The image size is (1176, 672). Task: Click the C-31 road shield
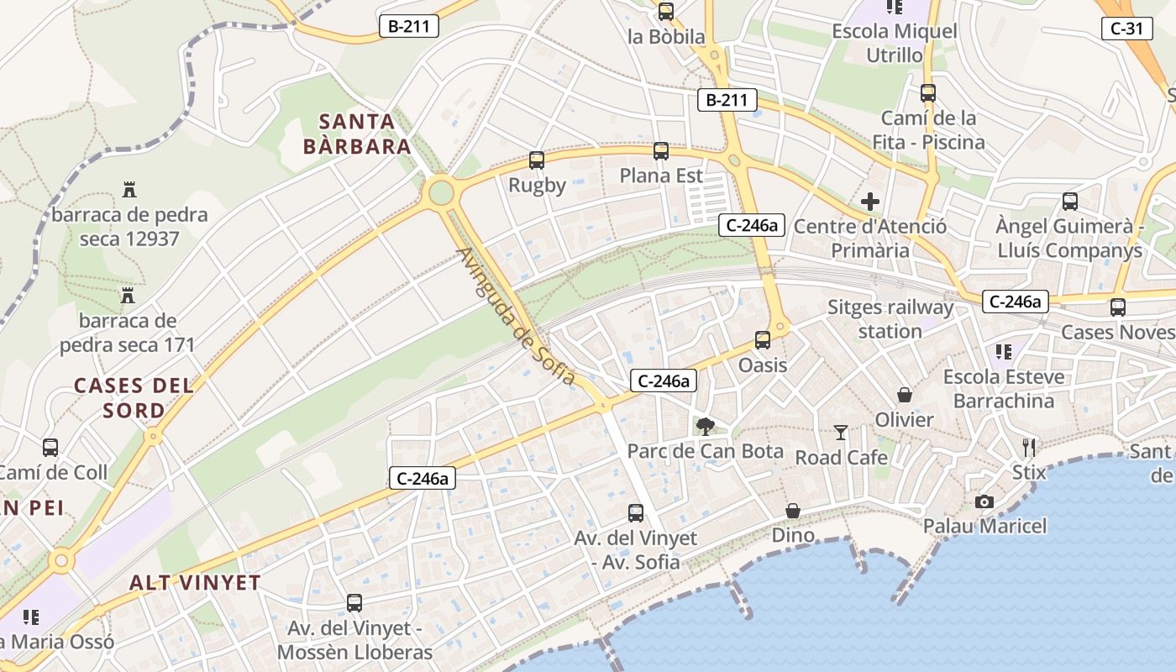pos(1126,29)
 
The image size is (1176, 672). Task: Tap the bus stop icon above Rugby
pos(537,160)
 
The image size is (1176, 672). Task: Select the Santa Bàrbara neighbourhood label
pos(356,134)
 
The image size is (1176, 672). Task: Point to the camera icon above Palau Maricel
pos(984,501)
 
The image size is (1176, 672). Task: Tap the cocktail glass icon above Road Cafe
pos(841,433)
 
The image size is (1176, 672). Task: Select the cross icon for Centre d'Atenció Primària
pos(870,202)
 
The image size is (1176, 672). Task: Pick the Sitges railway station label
pos(890,319)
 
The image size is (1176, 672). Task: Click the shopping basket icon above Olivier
pos(905,395)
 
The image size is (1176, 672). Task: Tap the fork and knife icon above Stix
pos(1029,447)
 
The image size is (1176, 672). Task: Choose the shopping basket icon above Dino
pos(793,511)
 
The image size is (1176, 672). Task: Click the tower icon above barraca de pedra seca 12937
pos(129,189)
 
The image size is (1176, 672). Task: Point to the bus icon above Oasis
pos(763,340)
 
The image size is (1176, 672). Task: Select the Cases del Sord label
pos(134,398)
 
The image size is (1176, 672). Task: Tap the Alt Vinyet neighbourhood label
pos(195,582)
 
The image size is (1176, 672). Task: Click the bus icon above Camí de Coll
pos(50,448)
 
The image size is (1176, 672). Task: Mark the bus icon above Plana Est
pos(661,151)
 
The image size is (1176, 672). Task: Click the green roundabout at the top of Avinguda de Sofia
pos(441,192)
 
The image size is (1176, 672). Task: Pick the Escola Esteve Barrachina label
pos(1004,388)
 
